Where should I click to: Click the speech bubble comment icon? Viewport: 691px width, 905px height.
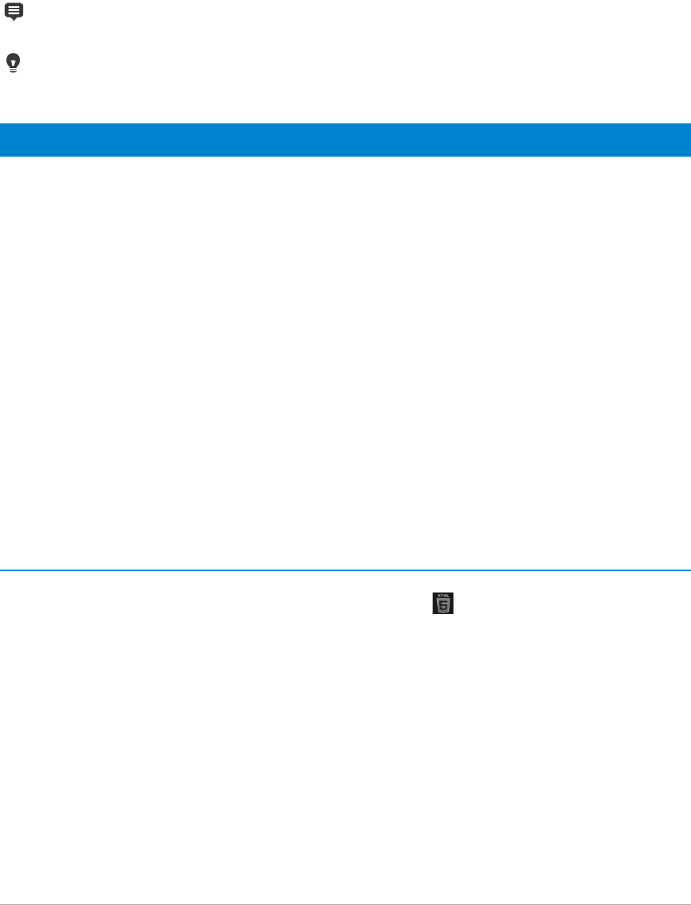point(14,10)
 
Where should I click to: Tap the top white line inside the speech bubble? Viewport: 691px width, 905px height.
point(14,7)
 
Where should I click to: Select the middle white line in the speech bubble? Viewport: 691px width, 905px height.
point(14,10)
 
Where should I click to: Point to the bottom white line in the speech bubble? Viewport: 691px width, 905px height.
point(14,13)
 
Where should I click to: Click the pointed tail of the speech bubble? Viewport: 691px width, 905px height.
point(14,19)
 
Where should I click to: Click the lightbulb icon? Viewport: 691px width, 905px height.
point(13,63)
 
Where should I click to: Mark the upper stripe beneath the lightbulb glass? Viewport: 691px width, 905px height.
point(13,69)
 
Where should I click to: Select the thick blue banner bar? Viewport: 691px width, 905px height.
point(345,140)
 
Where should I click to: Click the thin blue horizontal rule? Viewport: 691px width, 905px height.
point(345,570)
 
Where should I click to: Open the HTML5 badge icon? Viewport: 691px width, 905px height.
point(443,604)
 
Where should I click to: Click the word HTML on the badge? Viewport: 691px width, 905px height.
point(443,596)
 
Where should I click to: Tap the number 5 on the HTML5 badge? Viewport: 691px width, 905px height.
point(443,606)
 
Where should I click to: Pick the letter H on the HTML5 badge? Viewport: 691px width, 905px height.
point(439,596)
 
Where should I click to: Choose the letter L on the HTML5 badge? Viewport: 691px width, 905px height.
point(447,596)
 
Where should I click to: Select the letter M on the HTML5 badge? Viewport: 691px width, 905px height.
point(444,596)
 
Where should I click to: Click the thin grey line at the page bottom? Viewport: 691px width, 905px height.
point(345,904)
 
